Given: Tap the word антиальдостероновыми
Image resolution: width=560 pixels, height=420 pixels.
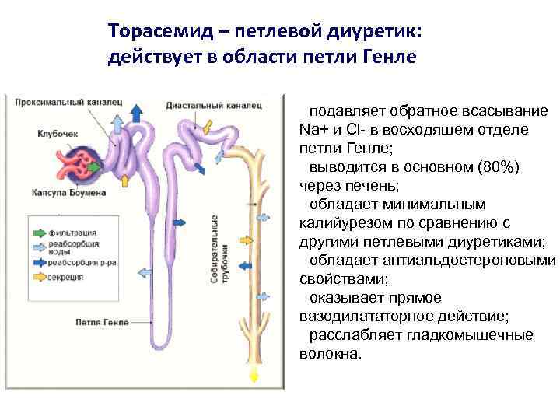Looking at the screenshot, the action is [476, 260].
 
